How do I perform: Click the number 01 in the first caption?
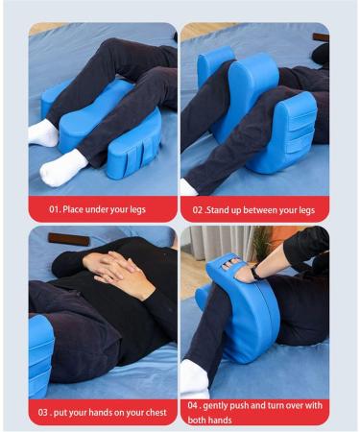(x=56, y=207)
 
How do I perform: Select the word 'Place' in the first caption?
(x=80, y=207)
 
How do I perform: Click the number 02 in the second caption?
(x=199, y=207)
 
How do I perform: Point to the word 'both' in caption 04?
(x=199, y=420)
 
